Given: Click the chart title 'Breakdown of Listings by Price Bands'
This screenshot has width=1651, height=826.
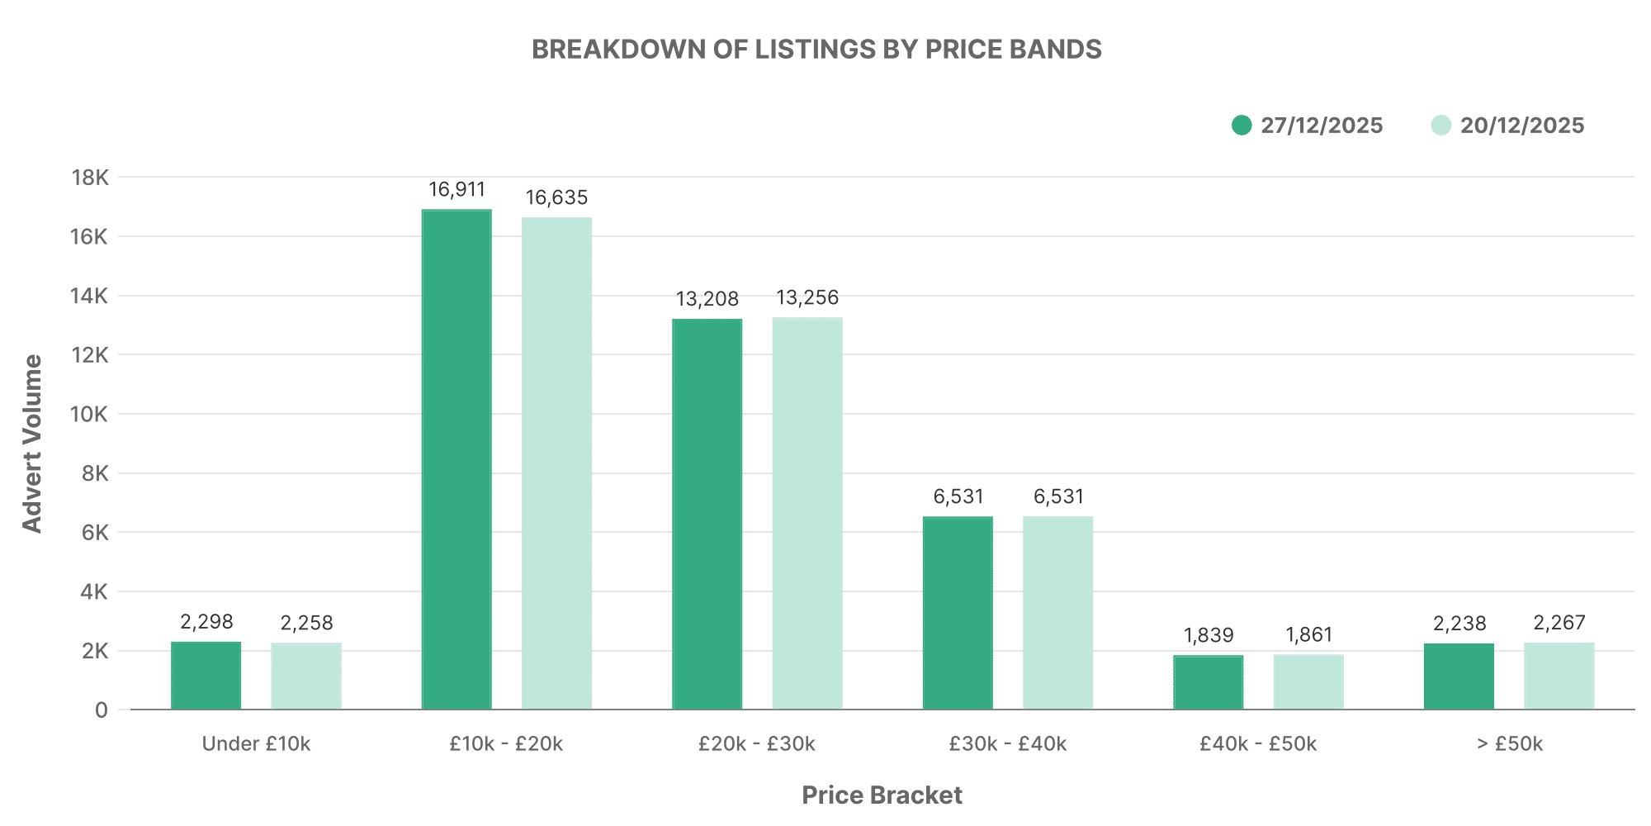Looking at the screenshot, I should pos(816,50).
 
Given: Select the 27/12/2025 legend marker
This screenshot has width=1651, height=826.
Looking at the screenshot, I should pos(1242,126).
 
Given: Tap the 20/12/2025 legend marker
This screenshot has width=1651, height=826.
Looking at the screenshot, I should pos(1441,126).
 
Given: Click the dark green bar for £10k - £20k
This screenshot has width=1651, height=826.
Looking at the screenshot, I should pos(457,459).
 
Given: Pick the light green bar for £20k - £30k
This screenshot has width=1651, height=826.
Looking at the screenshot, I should pos(807,513).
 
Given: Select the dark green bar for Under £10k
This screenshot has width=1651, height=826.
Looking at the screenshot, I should pos(206,675).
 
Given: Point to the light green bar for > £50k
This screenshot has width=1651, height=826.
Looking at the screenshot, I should pos(1559,676).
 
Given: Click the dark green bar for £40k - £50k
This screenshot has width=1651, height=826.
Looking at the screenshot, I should pos(1209,682).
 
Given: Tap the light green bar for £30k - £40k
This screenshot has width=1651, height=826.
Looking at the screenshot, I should pos(1057,612).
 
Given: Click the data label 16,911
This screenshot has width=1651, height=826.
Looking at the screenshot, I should pos(457,190).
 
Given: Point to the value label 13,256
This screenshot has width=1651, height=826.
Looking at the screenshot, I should pos(807,297).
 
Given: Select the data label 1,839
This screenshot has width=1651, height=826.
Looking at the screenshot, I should pos(1209,635).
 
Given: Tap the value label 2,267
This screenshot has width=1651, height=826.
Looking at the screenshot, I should pos(1559,622).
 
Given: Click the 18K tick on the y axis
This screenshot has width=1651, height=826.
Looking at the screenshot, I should pos(90,178).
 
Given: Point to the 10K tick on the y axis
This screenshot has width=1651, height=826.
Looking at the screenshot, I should pos(90,414).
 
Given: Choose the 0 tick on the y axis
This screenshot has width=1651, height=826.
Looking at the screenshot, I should pos(101,710).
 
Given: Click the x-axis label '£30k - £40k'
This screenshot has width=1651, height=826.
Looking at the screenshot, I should pos(1007,744).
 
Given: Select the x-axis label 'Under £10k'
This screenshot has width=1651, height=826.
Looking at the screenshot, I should pos(256,744).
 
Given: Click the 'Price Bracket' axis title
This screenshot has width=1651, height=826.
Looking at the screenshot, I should pos(882,795).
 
